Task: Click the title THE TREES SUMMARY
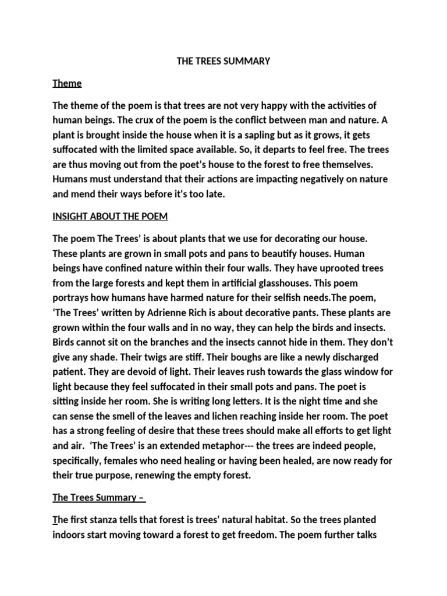tap(223, 61)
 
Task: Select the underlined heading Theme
tap(67, 83)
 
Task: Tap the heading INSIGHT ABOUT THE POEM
tap(110, 217)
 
